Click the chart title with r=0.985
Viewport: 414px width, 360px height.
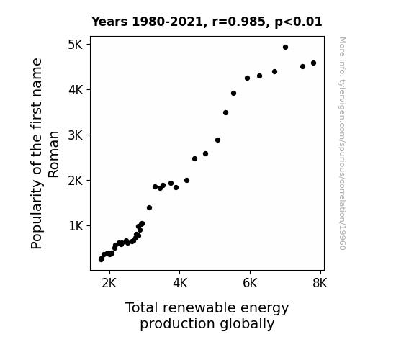point(207,22)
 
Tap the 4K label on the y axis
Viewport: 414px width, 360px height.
point(76,90)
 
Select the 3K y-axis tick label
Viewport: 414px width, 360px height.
point(76,135)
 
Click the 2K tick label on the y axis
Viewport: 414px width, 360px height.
point(76,181)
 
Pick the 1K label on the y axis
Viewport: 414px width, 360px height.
point(76,226)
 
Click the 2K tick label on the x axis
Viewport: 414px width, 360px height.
point(109,283)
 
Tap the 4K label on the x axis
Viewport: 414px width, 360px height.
point(180,283)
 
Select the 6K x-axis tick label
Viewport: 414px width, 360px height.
point(250,283)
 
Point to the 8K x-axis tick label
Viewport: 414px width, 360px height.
point(320,283)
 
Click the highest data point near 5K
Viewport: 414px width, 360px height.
point(285,48)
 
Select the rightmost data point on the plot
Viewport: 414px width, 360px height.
point(313,63)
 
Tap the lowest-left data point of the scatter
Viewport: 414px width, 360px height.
point(101,260)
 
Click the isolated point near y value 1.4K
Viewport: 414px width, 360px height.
point(149,208)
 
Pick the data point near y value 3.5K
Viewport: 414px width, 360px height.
point(225,113)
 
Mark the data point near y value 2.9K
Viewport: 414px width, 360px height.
point(217,140)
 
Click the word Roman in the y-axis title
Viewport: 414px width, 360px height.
point(53,155)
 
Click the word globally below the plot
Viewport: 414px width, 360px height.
point(247,324)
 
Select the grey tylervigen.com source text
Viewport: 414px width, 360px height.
point(342,143)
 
